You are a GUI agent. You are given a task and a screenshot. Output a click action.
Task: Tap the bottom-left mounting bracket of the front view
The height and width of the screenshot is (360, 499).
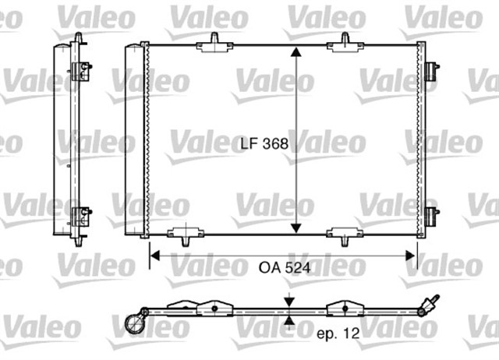[184, 233]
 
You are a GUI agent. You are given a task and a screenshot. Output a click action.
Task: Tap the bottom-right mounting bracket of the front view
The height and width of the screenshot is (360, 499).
[343, 233]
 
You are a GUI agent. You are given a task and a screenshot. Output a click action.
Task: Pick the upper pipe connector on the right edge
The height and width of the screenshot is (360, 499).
[430, 70]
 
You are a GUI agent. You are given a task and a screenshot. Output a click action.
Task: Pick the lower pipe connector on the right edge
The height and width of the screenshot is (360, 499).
[430, 216]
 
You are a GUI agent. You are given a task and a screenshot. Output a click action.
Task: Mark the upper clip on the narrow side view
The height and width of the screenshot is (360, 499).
[80, 71]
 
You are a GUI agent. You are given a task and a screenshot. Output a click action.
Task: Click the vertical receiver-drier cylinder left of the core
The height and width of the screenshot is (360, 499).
[136, 140]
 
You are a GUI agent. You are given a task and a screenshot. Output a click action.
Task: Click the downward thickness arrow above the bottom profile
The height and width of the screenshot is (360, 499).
[289, 302]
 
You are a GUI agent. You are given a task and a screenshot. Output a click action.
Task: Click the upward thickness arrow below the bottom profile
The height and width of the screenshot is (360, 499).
[289, 320]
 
